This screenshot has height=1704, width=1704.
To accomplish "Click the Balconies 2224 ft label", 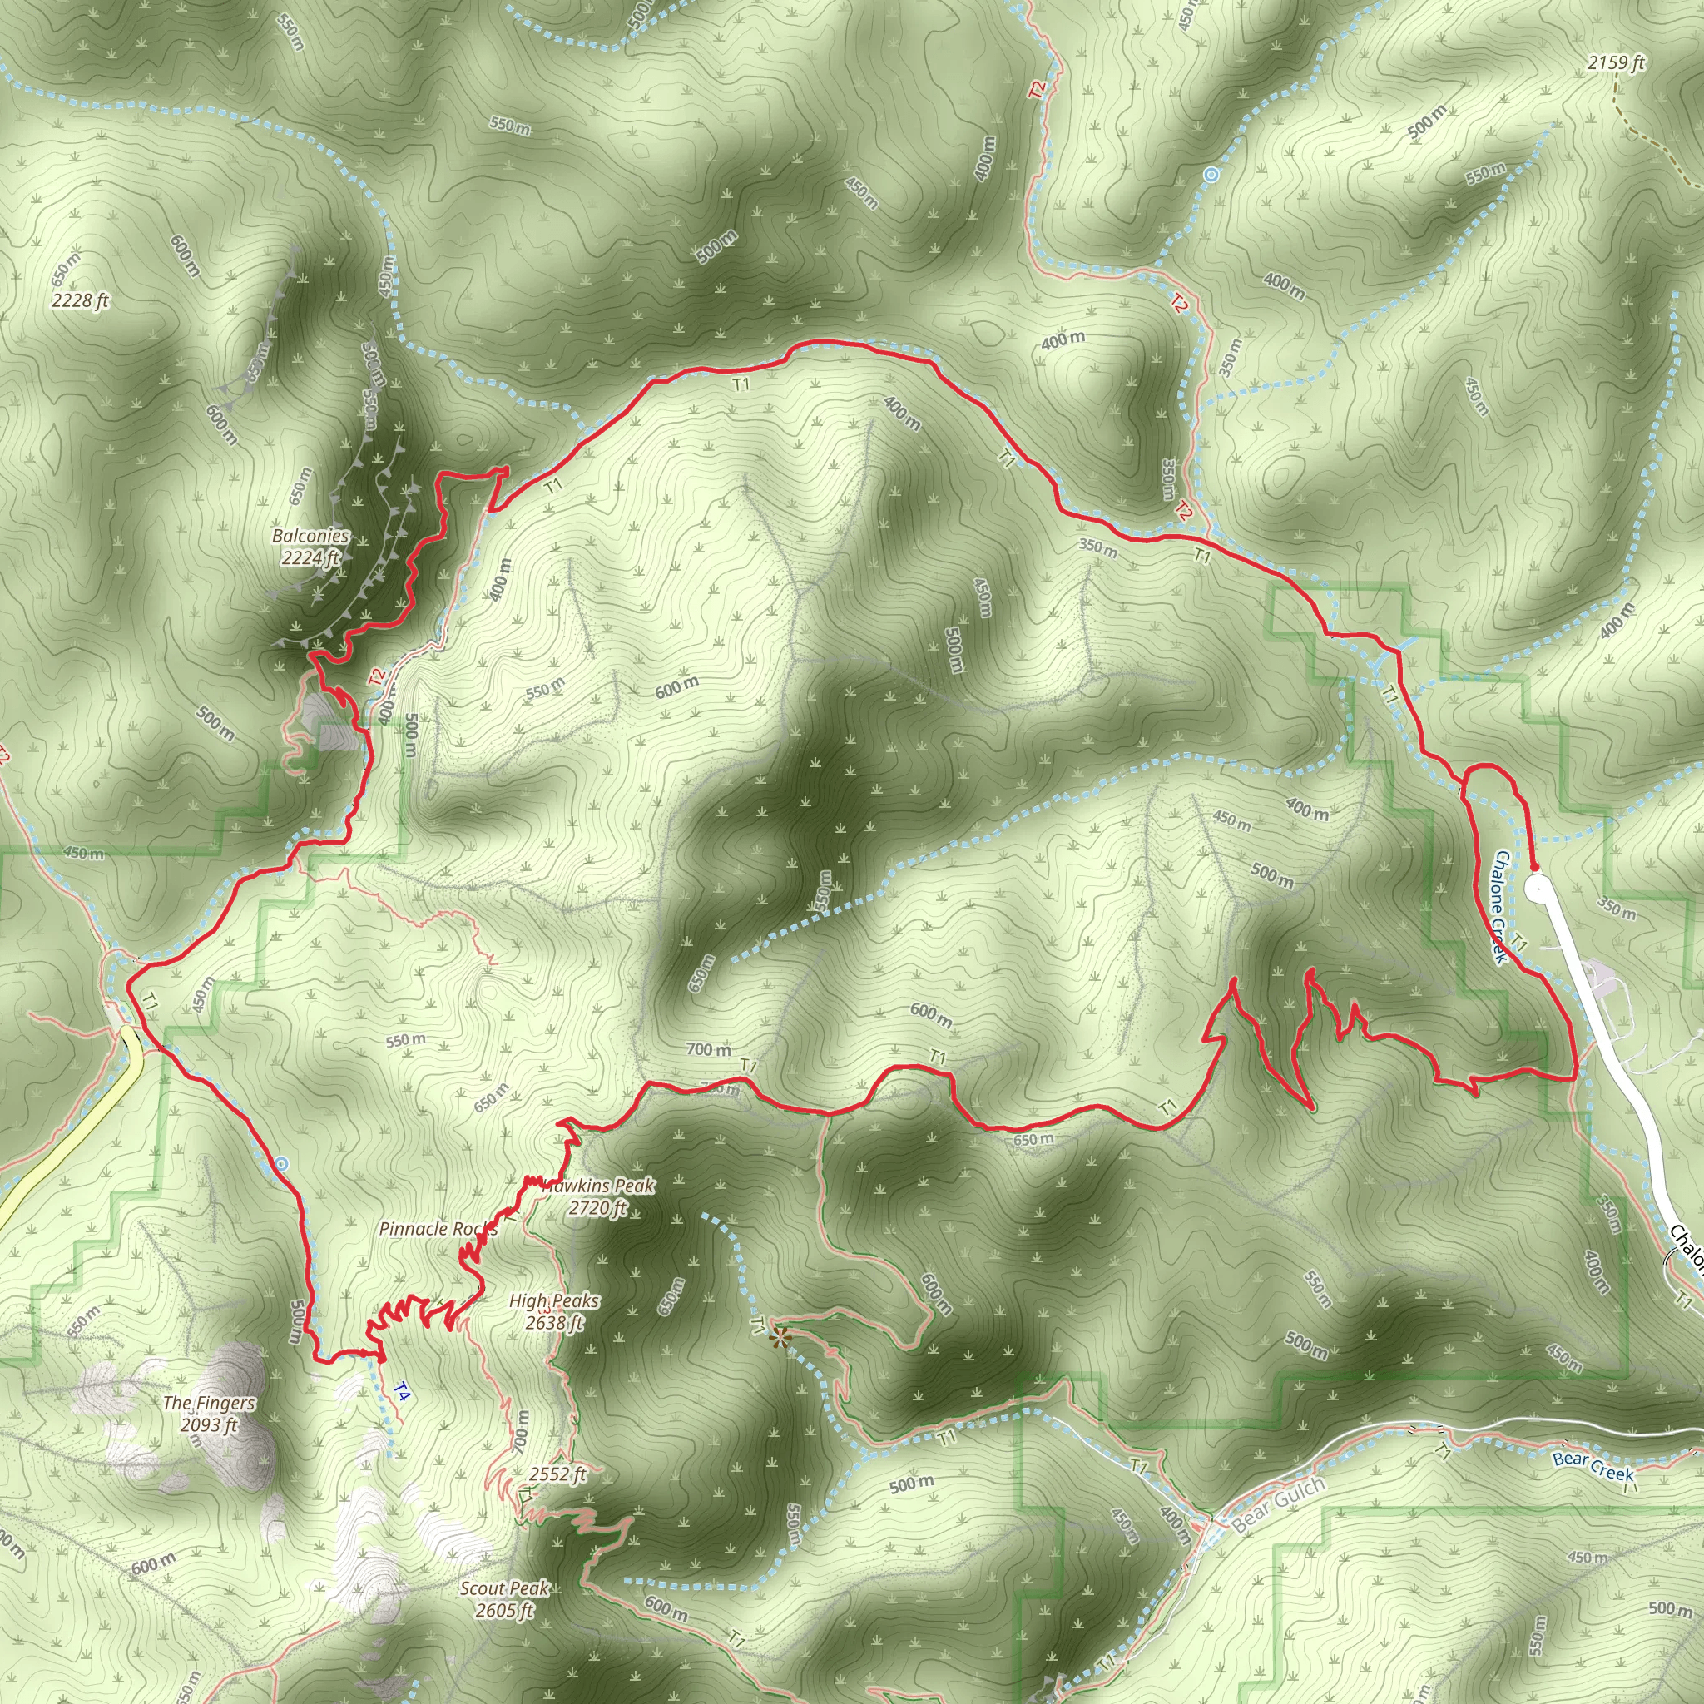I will click(310, 547).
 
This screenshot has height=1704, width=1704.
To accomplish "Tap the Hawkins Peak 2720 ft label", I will click(599, 1196).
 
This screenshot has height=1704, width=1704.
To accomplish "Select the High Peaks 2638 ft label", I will click(554, 1311).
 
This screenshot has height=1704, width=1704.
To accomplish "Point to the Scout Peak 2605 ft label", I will click(504, 1599).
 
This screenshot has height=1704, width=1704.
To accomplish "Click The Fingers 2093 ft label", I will click(209, 1414).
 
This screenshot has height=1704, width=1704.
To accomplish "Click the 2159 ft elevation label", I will click(1616, 62).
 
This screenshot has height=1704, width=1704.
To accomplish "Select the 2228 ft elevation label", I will click(79, 300).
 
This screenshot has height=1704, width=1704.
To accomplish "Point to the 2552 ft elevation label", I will click(557, 1474).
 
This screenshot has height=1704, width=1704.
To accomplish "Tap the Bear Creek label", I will click(1593, 1467).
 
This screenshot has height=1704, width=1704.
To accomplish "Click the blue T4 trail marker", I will click(401, 1393).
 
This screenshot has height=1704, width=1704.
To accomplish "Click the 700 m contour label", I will click(708, 1049).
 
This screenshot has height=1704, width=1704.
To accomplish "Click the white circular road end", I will click(1538, 888).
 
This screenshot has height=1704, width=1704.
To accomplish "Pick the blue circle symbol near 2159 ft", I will click(1211, 175).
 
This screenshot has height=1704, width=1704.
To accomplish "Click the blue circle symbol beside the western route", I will click(281, 1164).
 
